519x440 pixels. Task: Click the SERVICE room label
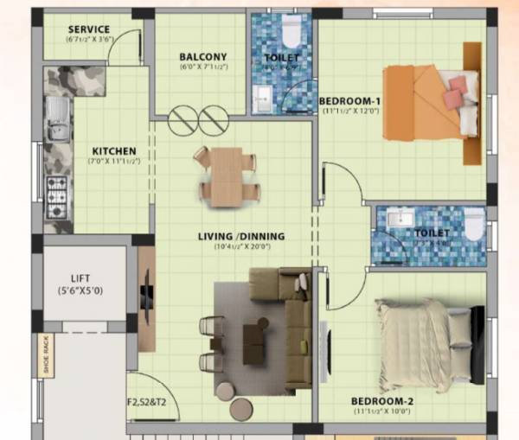click(88, 29)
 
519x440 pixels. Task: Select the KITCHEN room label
click(112, 151)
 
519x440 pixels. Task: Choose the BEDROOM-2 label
click(382, 401)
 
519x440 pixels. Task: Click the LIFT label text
click(80, 277)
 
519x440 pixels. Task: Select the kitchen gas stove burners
click(56, 196)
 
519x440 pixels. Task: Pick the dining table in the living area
click(227, 174)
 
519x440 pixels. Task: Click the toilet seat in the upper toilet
click(292, 33)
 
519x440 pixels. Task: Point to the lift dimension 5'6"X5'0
click(80, 290)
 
